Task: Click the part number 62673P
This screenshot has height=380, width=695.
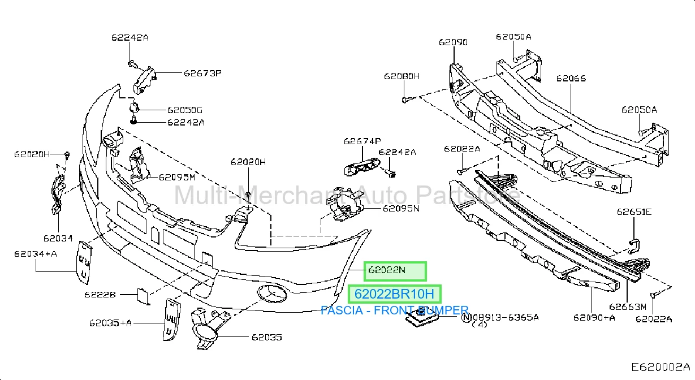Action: click(202, 73)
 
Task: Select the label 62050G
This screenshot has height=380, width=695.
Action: click(184, 110)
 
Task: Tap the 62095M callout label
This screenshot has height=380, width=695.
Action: click(177, 177)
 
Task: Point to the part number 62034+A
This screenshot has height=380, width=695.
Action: click(36, 254)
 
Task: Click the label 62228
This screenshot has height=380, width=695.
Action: click(100, 295)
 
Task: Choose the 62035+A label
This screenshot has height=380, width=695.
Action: click(110, 323)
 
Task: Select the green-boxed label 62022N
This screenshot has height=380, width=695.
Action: click(387, 270)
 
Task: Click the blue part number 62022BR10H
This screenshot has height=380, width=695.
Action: click(394, 294)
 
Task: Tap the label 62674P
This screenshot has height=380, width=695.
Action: click(362, 141)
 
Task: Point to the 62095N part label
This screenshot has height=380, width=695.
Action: click(401, 208)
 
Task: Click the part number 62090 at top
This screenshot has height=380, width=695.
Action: click(453, 42)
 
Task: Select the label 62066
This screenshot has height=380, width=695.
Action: click(571, 78)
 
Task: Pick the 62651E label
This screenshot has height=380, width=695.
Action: click(634, 212)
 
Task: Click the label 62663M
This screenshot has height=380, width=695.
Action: click(628, 307)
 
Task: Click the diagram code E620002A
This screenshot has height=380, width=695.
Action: click(661, 368)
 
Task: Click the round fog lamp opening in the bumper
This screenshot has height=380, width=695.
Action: click(272, 293)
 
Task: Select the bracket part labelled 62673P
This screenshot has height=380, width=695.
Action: click(144, 80)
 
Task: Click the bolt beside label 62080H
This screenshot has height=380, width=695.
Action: click(407, 100)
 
